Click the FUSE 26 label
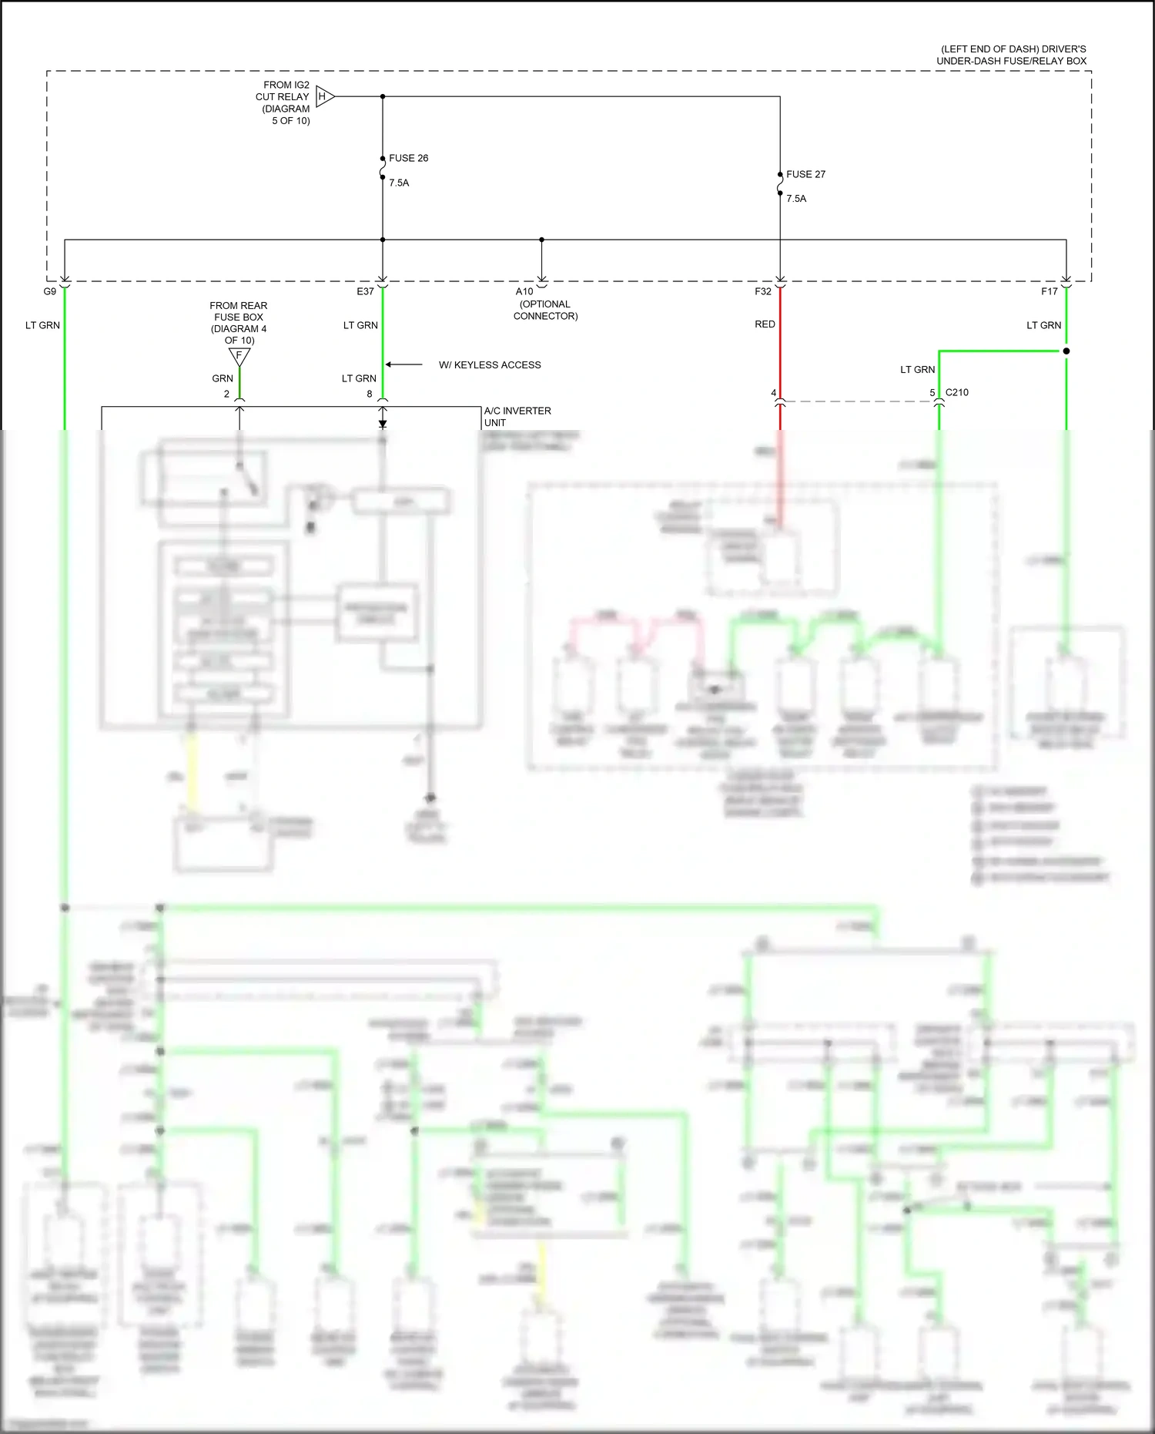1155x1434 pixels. [x=408, y=158]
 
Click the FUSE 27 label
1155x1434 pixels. [x=805, y=174]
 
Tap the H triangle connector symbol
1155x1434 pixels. [x=323, y=96]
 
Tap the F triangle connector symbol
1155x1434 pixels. [x=239, y=356]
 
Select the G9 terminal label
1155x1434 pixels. [x=50, y=291]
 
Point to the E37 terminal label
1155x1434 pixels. [x=365, y=291]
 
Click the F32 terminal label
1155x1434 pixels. [x=762, y=291]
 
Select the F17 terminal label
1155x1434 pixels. [x=1049, y=291]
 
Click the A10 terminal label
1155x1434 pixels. [x=524, y=291]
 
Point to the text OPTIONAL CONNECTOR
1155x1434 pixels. [x=545, y=310]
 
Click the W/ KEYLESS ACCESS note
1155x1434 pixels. [x=490, y=364]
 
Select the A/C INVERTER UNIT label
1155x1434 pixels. [x=517, y=416]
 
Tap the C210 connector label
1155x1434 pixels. [x=956, y=392]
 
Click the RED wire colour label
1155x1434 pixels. [x=765, y=324]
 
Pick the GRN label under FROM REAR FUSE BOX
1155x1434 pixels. [x=223, y=378]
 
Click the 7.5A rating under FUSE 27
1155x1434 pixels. [x=796, y=198]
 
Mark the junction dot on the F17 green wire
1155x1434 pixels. [x=1066, y=351]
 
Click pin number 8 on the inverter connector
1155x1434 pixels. [x=370, y=394]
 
